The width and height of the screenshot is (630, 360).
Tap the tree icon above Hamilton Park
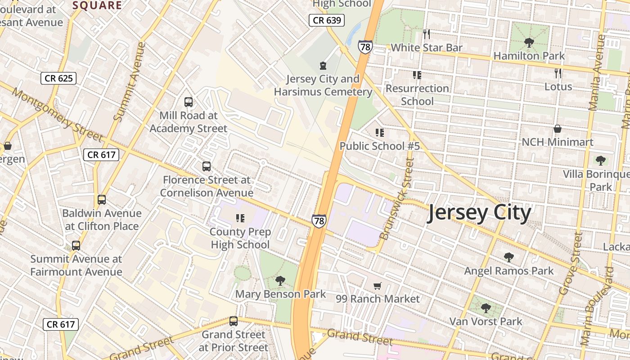[x=529, y=43]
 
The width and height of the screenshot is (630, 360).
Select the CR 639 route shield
[x=327, y=20]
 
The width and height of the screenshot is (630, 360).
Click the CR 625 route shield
[x=59, y=78]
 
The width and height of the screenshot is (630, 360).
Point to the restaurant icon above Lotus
[x=558, y=73]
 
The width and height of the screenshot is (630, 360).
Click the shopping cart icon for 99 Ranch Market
[x=378, y=286]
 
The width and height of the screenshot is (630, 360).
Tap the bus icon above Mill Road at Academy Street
[x=189, y=102]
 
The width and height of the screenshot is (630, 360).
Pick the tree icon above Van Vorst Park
[x=486, y=308]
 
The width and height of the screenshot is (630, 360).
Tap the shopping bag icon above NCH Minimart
[x=558, y=129]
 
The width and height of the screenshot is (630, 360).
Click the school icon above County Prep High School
[x=240, y=218]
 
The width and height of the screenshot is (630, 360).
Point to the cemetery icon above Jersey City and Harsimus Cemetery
[x=323, y=66]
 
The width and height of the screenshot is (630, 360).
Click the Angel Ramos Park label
[x=509, y=271]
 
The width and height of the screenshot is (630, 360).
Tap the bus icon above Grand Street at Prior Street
[x=233, y=321]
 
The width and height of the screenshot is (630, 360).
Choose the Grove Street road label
[x=571, y=263]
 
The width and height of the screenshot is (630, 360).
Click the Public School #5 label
[x=379, y=146]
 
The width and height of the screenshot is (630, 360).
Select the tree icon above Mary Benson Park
[x=280, y=281]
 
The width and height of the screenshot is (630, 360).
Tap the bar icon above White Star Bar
[x=427, y=34]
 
